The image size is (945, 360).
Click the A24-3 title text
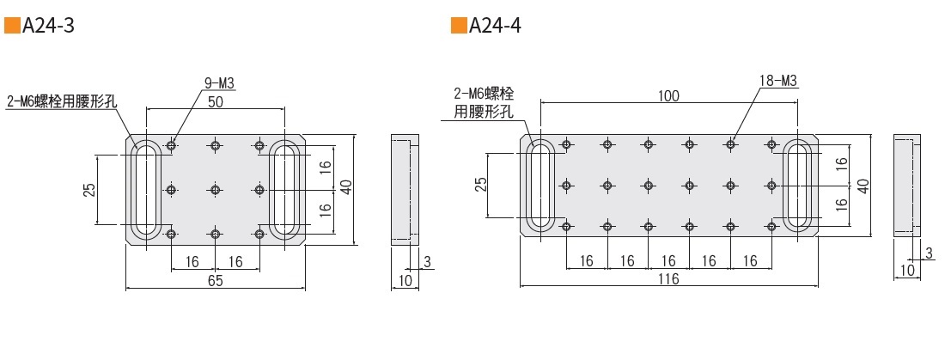point(49,27)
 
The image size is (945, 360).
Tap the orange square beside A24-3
point(11,27)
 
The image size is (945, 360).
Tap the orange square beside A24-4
point(457,27)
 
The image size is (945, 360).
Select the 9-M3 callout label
point(219,83)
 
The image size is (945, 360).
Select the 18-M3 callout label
point(778,82)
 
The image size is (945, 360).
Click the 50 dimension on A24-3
point(216,101)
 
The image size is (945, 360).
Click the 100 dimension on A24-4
point(668,95)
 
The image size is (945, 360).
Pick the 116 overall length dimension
point(668,279)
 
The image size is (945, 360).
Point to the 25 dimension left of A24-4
point(480,185)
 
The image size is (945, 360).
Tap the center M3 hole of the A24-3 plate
point(215,189)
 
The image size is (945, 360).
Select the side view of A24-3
point(405,189)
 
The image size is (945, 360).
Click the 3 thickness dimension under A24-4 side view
point(929,253)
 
